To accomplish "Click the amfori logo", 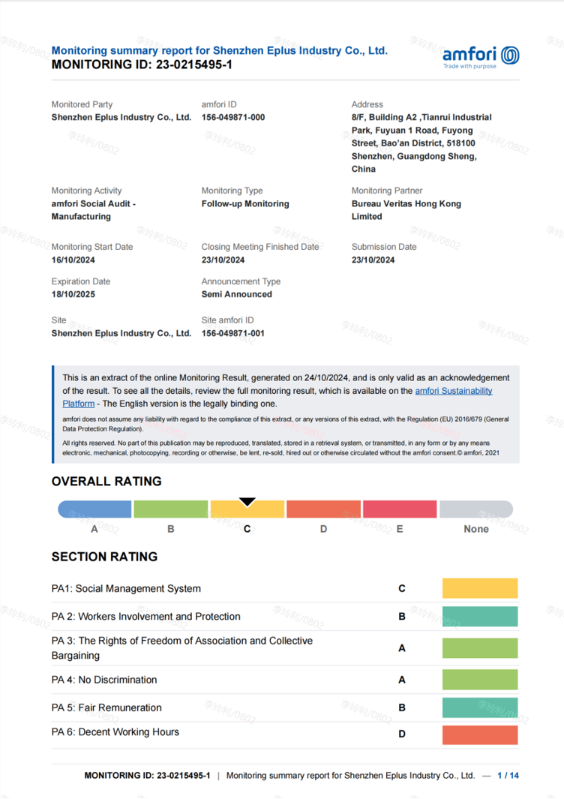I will tap(480, 56).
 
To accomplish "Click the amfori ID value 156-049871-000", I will tap(232, 118).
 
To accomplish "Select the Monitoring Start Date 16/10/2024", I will tap(73, 260).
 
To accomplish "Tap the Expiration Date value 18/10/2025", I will tap(73, 294).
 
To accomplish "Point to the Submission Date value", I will tap(373, 260).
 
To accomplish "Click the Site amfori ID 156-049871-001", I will tap(232, 333).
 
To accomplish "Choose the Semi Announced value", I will tap(236, 294).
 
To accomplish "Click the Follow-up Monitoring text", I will tap(244, 203).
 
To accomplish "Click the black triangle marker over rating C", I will tap(247, 502).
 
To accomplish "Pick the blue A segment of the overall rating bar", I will tap(95, 509).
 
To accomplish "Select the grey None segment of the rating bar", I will tap(475, 509).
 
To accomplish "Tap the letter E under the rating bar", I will tap(400, 529).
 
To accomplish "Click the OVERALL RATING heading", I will tap(106, 481).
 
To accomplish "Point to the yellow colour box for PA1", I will tap(480, 588).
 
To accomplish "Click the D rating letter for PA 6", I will tap(402, 734).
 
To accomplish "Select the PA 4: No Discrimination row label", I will tap(104, 680).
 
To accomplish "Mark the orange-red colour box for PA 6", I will tap(480, 734).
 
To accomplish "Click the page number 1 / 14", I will tap(508, 776).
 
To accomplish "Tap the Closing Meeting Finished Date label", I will tap(259, 247).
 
